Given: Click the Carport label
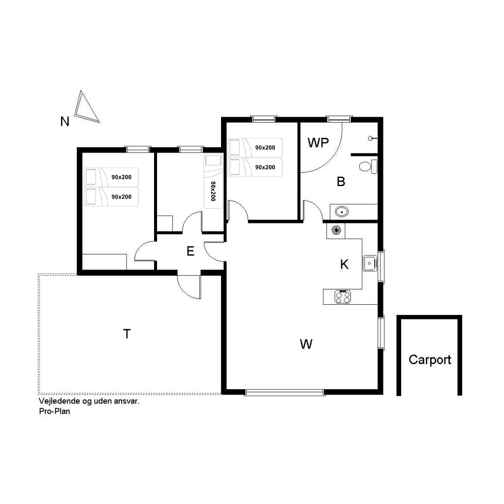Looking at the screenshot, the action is tap(430, 360).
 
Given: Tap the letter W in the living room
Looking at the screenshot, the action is tap(306, 344).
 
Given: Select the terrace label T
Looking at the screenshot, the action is tap(127, 334).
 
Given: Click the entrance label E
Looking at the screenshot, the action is tap(190, 251).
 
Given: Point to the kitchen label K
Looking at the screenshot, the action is tap(344, 264).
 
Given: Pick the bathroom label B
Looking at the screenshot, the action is tap(341, 182).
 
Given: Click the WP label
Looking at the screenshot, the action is tap(318, 143).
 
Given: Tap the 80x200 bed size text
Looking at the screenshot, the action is tap(213, 191).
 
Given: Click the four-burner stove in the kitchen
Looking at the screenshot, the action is tap(343, 296).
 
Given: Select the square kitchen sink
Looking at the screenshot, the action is tap(370, 263).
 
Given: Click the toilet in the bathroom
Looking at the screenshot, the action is tap(368, 166).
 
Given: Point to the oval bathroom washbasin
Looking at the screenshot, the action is tap(342, 212).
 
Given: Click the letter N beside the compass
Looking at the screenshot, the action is tap(65, 122).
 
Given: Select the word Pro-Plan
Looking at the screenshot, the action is tap(54, 411).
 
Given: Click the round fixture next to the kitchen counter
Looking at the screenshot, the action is tap(336, 230).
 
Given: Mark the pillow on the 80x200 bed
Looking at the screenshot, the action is tap(213, 160).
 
